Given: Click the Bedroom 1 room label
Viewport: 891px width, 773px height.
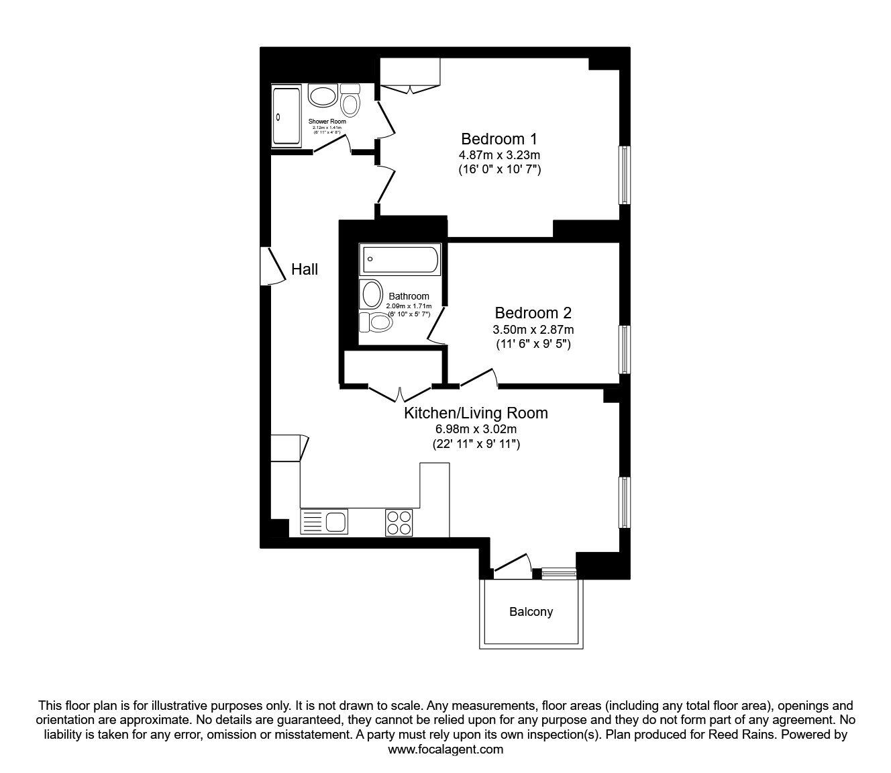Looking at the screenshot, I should click(x=499, y=139).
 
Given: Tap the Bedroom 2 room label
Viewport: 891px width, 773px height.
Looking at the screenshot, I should click(x=533, y=313).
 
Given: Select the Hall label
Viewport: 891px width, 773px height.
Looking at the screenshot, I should click(x=305, y=269).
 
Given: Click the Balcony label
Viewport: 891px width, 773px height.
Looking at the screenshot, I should click(x=531, y=612).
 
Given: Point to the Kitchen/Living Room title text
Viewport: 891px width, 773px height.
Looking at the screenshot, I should click(x=476, y=413).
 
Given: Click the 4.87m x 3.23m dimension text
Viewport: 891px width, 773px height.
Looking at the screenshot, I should click(x=499, y=155).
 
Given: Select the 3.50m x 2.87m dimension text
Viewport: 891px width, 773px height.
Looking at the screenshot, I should click(x=533, y=329).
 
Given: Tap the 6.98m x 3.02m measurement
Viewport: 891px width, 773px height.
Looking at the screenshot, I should click(x=476, y=429).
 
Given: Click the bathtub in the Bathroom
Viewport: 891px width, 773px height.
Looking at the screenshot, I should click(x=401, y=260).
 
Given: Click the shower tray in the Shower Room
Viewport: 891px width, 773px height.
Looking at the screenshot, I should click(x=286, y=116).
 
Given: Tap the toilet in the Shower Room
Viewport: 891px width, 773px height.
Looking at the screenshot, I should click(x=350, y=101).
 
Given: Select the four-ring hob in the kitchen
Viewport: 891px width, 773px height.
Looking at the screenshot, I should click(x=399, y=522).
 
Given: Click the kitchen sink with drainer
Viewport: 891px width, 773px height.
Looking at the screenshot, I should click(x=325, y=522).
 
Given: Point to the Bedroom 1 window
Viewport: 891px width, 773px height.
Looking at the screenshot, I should click(x=624, y=175).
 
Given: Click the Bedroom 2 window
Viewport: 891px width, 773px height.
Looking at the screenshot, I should click(x=624, y=349).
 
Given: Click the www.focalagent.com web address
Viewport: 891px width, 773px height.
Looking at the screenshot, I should click(x=445, y=749).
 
